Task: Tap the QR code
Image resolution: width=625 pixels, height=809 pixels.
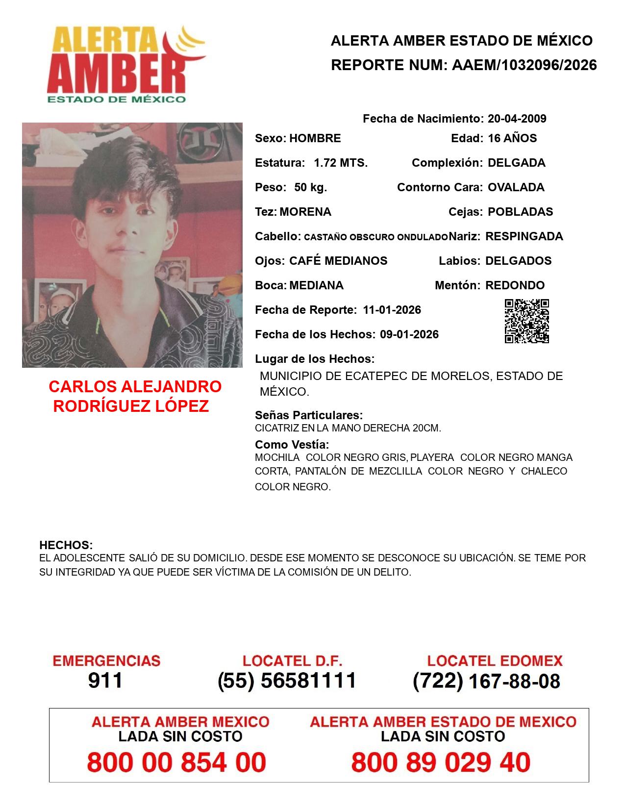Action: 526,321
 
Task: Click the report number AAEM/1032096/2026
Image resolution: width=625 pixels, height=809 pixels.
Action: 524,65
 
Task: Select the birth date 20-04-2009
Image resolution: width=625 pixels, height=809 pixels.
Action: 517,119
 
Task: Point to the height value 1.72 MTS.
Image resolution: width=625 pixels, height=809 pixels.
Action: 341,163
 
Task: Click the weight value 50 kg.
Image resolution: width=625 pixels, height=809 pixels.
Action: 310,187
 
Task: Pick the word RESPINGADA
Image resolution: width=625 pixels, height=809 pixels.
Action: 524,236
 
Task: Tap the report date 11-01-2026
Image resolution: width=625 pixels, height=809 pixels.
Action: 392,310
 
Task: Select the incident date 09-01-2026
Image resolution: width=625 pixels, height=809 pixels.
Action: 409,334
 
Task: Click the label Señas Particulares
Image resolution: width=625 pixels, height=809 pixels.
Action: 309,415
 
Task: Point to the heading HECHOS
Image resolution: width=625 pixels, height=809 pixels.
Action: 66,545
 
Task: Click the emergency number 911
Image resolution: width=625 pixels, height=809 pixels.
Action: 105,681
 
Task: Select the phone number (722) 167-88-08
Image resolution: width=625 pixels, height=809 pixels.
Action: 486,681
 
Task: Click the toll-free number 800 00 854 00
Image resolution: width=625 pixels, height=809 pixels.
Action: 176,762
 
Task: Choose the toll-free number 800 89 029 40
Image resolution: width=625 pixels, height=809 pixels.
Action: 441,762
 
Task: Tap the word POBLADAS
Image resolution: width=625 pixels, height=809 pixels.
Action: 520,212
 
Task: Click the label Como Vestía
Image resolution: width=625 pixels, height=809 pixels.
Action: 292,445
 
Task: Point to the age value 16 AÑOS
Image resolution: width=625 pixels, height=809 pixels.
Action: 512,138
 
